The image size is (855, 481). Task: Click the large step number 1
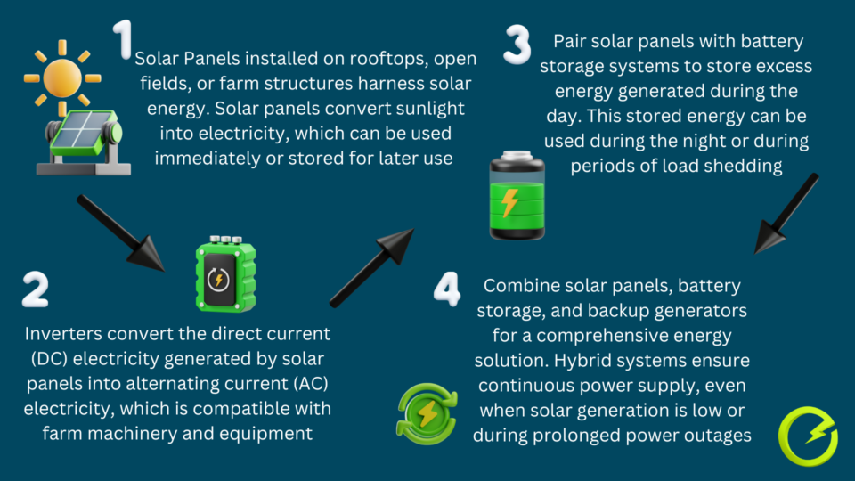point(123,40)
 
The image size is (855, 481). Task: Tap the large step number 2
point(35,289)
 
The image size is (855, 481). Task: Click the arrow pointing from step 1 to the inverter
point(119,232)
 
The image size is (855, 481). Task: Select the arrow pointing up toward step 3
point(371,267)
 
